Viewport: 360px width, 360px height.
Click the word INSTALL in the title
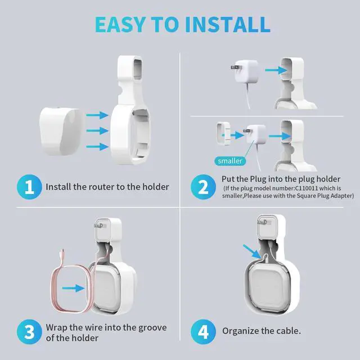[227, 24]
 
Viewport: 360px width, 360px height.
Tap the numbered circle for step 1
[29, 187]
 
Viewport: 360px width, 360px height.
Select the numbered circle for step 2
[203, 187]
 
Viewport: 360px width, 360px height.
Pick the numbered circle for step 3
[29, 332]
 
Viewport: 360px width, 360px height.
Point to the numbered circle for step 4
[203, 332]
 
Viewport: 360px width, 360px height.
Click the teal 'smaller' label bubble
[230, 161]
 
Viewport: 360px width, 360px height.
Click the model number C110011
[307, 188]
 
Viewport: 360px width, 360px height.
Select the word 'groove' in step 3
[152, 328]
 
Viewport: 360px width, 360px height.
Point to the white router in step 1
[61, 131]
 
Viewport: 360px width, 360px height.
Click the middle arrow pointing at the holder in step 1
[97, 131]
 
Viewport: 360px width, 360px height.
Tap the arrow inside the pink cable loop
[73, 288]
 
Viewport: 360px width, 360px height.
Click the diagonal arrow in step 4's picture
[252, 251]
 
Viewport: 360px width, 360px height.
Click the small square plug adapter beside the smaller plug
[223, 133]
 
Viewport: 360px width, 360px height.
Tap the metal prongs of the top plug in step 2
[235, 67]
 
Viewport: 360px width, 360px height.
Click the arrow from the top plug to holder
[276, 70]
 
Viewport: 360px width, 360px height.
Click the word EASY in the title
[120, 24]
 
